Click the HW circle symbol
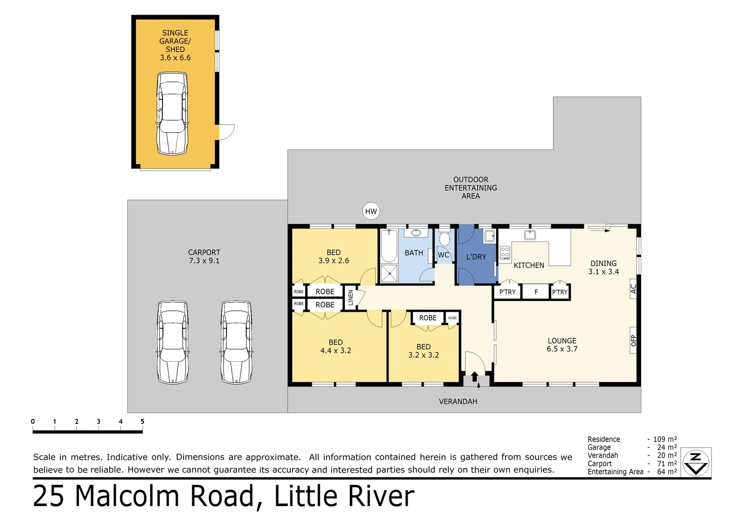[371, 211]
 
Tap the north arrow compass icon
[696, 462]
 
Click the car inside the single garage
[172, 113]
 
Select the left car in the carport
[173, 342]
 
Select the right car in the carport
[236, 342]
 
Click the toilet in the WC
[444, 239]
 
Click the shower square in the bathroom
[389, 274]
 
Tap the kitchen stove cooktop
[505, 252]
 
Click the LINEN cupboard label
[351, 298]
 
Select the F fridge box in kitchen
[536, 292]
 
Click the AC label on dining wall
[633, 289]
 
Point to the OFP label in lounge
[633, 340]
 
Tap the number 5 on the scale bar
[142, 422]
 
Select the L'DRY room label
[476, 257]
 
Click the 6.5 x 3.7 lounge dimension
[562, 349]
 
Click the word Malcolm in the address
[128, 496]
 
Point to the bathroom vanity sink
[416, 233]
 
